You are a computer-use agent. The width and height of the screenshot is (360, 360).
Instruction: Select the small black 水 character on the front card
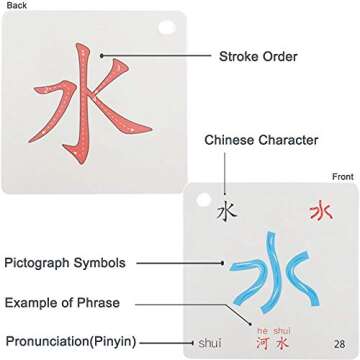pos(227,211)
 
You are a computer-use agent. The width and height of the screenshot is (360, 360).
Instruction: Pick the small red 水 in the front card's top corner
pos(320,211)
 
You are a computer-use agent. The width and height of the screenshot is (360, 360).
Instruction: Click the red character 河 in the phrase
pos(261,343)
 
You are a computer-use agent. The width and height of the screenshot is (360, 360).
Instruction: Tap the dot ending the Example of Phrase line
pos(253,303)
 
